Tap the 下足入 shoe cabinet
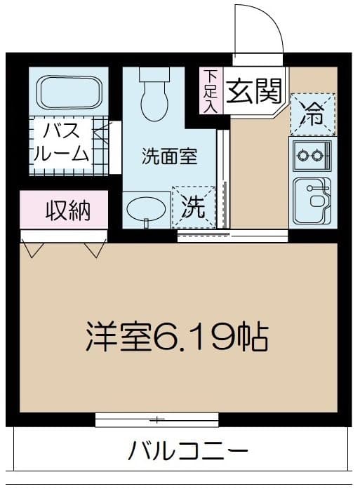click(212, 90)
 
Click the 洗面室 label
click(168, 156)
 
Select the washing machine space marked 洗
click(194, 207)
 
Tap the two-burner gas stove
click(311, 155)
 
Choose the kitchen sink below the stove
click(311, 200)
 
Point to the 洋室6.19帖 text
click(177, 337)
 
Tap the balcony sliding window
click(156, 420)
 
